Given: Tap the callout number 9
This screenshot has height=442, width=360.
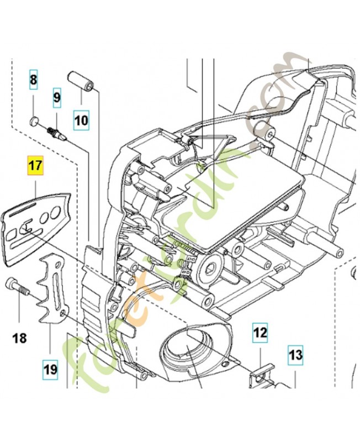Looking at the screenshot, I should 57,98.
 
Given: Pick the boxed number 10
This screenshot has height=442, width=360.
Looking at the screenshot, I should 82,118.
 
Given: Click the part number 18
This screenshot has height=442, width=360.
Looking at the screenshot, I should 19,338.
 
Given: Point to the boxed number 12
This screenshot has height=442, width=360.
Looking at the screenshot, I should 260,332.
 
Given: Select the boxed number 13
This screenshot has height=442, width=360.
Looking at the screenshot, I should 295,355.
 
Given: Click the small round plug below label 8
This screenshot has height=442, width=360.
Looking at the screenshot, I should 34,122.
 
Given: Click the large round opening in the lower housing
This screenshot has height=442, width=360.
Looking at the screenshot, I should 187,348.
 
